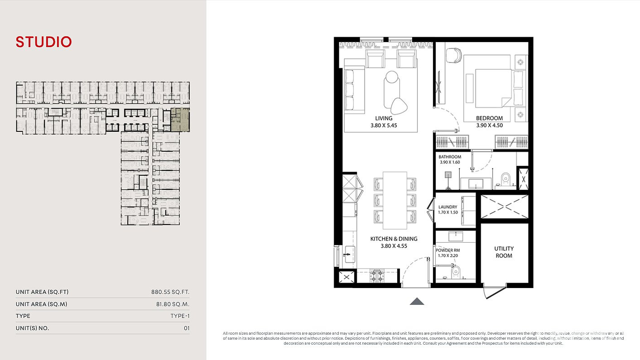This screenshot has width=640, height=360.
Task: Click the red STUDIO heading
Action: [44, 42]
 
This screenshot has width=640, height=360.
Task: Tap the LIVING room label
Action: [384, 118]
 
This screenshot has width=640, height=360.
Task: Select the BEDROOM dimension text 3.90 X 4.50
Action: [490, 125]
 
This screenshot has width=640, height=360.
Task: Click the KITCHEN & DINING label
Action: [394, 239]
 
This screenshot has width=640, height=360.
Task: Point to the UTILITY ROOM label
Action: [504, 252]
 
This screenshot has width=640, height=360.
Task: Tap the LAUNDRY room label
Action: [448, 207]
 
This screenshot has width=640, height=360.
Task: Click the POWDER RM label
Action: [448, 250]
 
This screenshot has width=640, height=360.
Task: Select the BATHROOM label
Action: [450, 157]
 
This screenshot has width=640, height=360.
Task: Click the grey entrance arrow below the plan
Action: [417, 302]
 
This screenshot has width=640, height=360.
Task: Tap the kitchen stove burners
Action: [377, 276]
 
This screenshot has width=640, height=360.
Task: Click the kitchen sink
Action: [349, 254]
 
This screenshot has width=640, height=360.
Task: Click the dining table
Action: [395, 200]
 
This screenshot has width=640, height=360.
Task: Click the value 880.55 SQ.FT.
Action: [170, 292]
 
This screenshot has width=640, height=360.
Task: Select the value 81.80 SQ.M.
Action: [173, 304]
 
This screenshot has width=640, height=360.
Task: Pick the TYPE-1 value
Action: [180, 316]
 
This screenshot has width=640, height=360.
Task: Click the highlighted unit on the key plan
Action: [180, 120]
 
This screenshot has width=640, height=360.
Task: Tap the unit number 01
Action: [187, 328]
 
